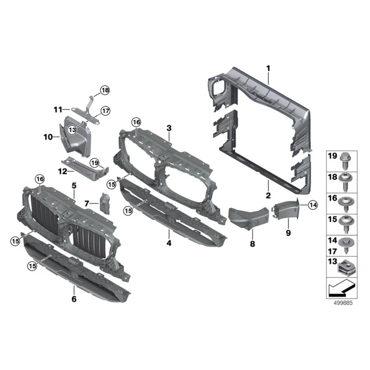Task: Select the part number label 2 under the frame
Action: [x=268, y=196]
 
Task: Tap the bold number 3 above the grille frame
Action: [x=169, y=128]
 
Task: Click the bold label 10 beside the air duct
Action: [x=49, y=137]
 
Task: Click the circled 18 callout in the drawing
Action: [x=105, y=91]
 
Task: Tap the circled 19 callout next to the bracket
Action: [x=94, y=162]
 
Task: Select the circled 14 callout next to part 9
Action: [x=313, y=204]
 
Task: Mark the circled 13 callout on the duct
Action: [x=72, y=130]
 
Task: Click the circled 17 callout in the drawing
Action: [x=106, y=111]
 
